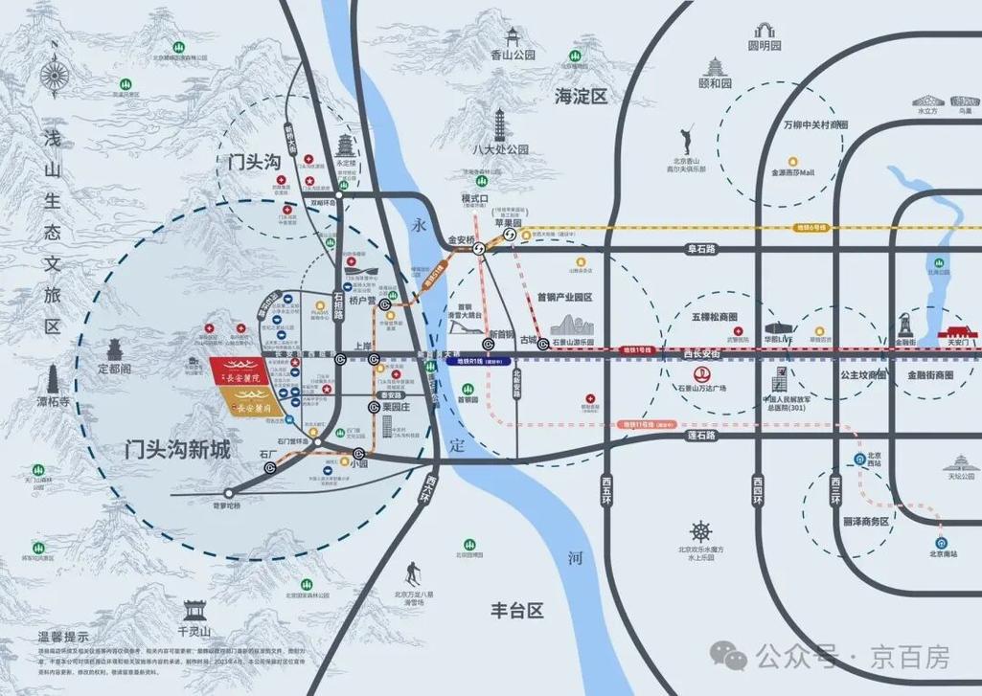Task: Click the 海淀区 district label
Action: pos(582,96)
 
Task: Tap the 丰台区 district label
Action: pos(516,610)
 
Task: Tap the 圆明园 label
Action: pos(765,45)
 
